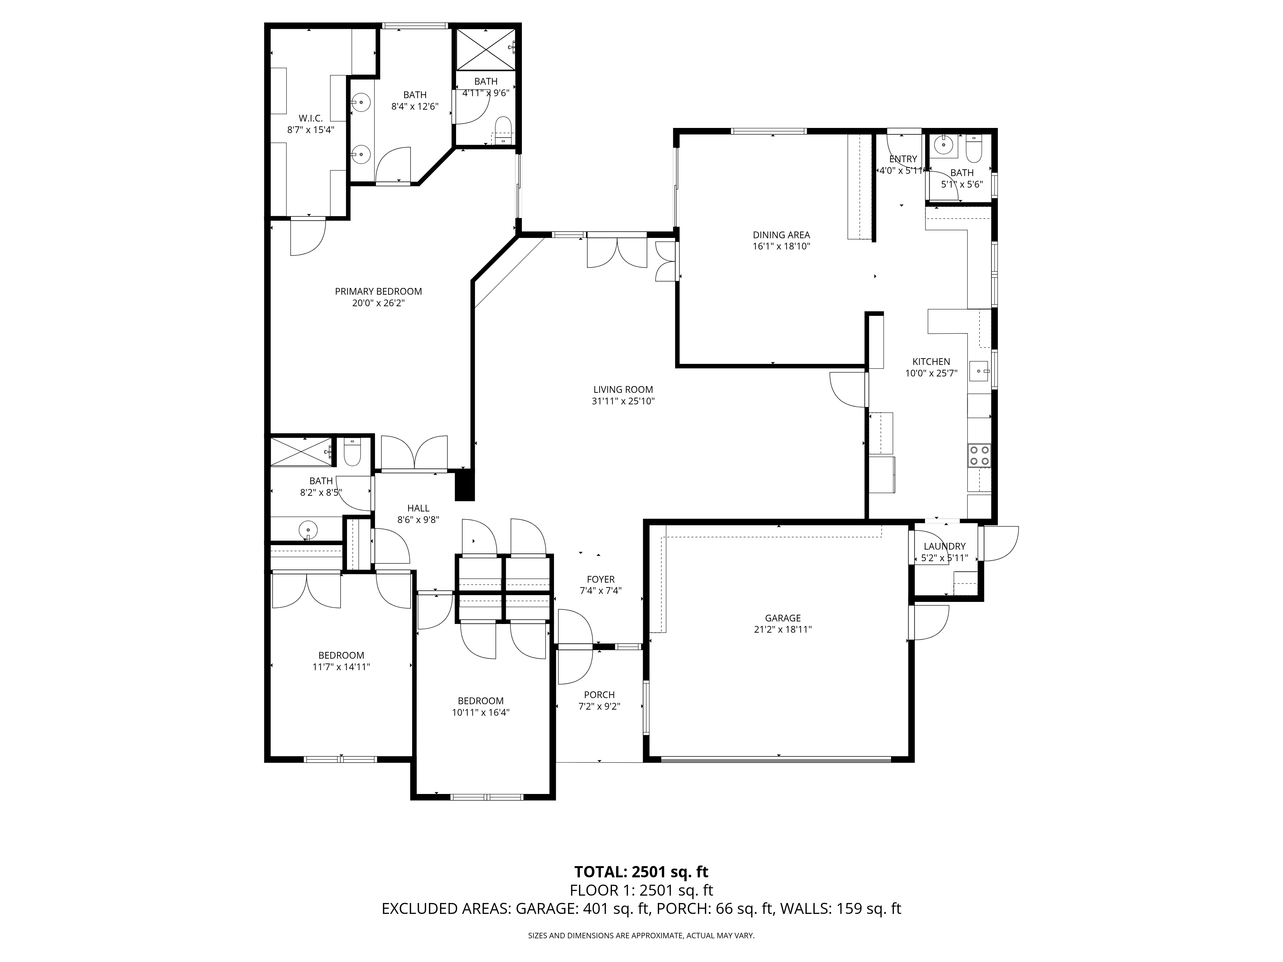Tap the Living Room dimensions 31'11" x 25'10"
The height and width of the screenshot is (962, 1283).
(x=623, y=401)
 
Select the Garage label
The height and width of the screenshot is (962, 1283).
(x=782, y=618)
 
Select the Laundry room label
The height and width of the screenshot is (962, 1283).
(x=944, y=546)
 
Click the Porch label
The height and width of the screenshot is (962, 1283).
(x=599, y=695)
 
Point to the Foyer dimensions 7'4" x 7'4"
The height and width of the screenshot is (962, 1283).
(x=600, y=591)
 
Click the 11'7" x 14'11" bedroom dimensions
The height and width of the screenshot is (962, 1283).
(x=341, y=667)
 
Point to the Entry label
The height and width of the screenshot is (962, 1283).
(x=903, y=159)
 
